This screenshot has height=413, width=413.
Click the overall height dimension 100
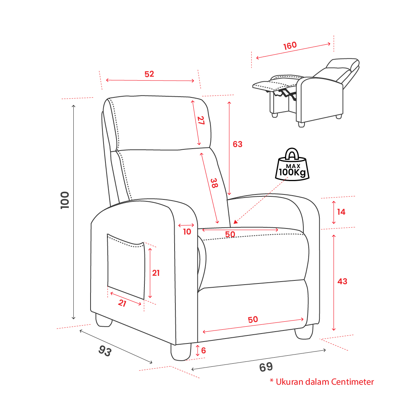[65, 200]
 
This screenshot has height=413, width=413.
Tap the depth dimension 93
[105, 351]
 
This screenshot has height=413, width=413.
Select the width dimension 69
[266, 367]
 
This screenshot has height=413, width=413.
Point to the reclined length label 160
[290, 45]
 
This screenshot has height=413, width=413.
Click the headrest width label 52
[149, 74]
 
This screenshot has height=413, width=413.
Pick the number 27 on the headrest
[201, 120]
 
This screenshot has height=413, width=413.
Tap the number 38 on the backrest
[214, 183]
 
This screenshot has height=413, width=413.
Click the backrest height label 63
[238, 144]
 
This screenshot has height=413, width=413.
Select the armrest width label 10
[187, 232]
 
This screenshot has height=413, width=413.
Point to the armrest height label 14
[341, 212]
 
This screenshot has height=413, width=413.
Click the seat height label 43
[342, 281]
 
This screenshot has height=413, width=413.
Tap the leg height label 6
[203, 350]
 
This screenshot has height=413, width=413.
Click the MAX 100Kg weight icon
[292, 164]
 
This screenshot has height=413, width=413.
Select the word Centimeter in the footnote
[352, 382]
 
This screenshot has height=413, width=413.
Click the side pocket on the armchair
[126, 266]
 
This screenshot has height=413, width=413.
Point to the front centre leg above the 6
[181, 352]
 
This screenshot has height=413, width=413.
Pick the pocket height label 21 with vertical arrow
[155, 273]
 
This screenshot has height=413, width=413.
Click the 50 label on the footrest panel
[253, 319]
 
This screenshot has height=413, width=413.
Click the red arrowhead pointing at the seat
[235, 222]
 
